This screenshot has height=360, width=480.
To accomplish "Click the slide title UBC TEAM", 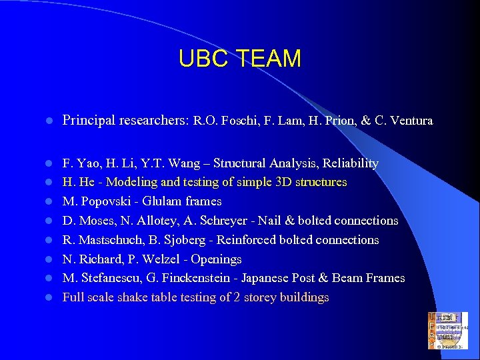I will point(240,59).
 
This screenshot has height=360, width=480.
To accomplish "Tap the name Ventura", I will point(410,121).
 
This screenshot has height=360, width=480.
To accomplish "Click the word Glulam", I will point(160,201).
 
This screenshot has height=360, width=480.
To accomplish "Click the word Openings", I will point(216,259).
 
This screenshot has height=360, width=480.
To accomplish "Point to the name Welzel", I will point(155,259).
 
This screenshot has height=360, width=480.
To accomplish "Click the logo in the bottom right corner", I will point(447,331).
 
